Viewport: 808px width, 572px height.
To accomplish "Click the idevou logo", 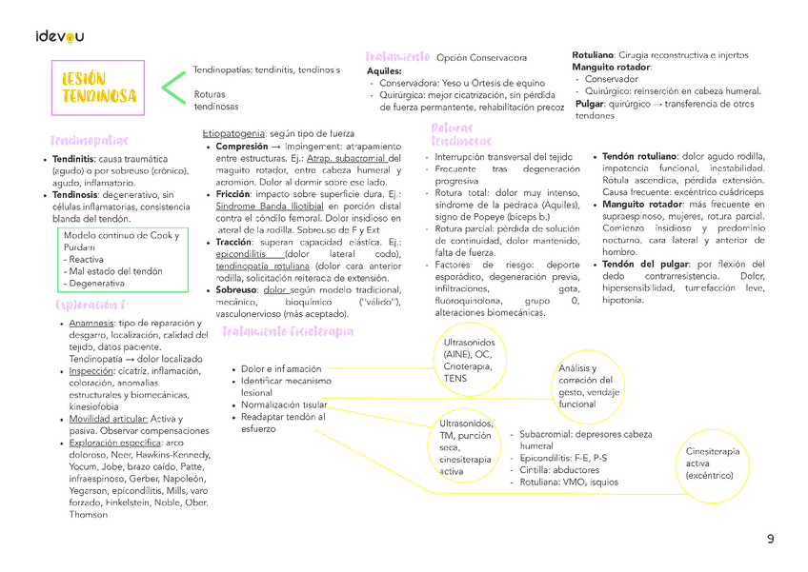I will pos(59,36).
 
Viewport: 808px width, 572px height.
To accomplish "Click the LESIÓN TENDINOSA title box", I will pos(99,88).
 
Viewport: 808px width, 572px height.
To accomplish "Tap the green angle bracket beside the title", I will pos(172,88).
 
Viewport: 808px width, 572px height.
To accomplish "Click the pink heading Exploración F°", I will pos(91,306).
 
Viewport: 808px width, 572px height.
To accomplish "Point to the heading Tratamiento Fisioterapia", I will pos(287,331).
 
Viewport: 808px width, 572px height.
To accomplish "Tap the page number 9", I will pos(771,540).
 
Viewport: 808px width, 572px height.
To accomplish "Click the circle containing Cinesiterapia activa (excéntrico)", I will pos(712,463).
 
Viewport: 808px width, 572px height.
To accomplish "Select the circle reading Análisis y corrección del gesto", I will pos(589,385).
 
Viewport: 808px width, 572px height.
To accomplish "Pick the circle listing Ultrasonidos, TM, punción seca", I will pos(466,446).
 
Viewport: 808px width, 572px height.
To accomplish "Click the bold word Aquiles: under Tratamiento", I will pos(384,71).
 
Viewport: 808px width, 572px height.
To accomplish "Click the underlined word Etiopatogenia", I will pos(233,134).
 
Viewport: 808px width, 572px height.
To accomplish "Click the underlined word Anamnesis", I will pos(91,324).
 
